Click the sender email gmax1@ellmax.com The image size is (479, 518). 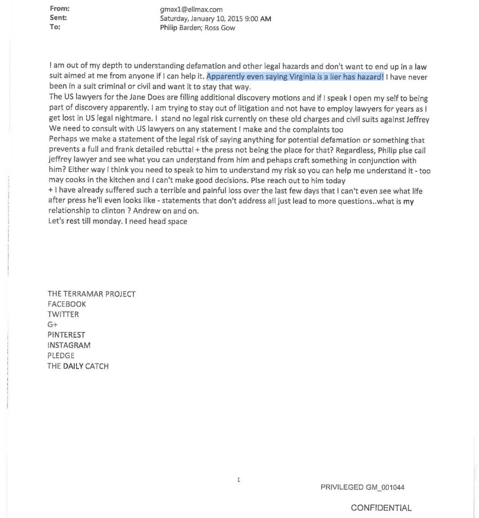coord(192,9)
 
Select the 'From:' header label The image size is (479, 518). coord(59,8)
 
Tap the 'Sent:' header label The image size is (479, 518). coord(59,18)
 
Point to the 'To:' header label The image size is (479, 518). coord(55,27)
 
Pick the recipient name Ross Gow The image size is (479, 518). coord(221,28)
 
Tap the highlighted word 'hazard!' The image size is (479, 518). coord(371,77)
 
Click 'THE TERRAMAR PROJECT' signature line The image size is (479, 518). coord(92,294)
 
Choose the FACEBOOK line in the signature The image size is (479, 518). coord(67,304)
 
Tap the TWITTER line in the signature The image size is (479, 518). coord(63,314)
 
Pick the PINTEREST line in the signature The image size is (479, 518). coord(66,335)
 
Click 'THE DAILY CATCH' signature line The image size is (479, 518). coord(78,366)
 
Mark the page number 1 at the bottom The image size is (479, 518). coord(239,480)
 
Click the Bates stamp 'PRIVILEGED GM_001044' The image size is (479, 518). coord(362,487)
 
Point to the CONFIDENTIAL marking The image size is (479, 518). coord(381,508)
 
